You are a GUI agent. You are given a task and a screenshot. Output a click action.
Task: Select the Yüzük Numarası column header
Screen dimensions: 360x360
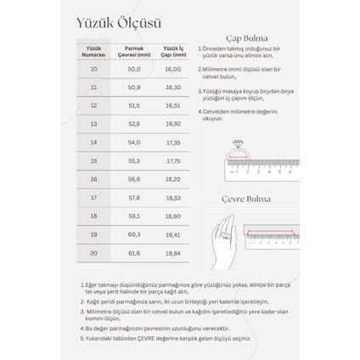coord(94,51)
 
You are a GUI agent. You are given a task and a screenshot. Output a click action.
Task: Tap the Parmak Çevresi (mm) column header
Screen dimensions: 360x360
coord(134,51)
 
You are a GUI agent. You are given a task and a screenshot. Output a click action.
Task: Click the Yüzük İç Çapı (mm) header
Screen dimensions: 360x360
coord(173,51)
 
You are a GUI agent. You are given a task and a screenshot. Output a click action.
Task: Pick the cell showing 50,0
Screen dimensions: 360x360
coord(134,69)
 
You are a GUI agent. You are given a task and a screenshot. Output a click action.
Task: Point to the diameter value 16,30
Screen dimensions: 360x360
coord(173,87)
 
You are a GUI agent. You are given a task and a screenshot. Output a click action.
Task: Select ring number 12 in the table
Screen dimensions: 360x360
coord(94,105)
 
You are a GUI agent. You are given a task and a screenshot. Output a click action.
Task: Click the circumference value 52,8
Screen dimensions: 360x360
coord(134,123)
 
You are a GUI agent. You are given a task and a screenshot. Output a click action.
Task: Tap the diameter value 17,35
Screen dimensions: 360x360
coord(173,142)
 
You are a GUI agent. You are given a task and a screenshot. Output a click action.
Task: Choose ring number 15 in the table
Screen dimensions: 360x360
coord(94,160)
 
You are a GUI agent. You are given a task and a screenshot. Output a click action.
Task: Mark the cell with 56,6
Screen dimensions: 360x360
coord(134,179)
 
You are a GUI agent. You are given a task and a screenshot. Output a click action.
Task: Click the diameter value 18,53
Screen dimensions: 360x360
coord(173,197)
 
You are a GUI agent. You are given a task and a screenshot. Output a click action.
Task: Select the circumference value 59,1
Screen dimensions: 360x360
coord(134,216)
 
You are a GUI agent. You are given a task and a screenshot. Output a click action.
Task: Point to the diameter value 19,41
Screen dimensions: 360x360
coord(173,233)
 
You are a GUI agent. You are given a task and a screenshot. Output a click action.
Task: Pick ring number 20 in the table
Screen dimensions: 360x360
coord(94,252)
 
